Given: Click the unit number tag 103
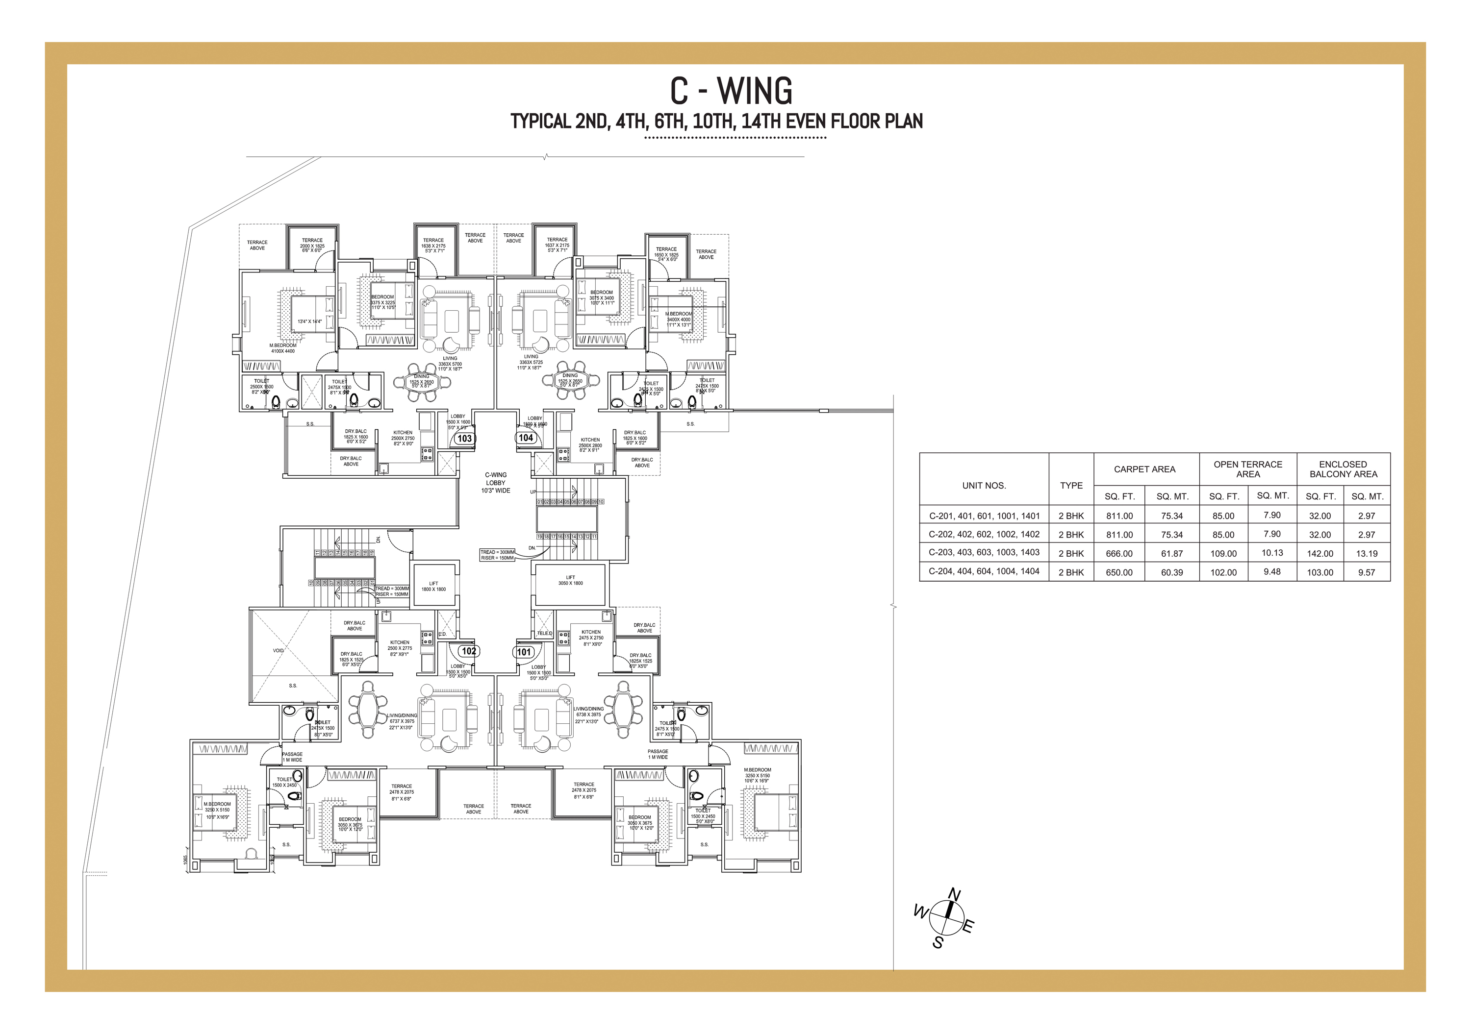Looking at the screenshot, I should pyautogui.click(x=464, y=439).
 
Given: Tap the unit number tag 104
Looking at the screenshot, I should pyautogui.click(x=526, y=438).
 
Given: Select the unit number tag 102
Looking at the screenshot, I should pyautogui.click(x=469, y=651).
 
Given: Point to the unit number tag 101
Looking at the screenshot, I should pyautogui.click(x=524, y=652).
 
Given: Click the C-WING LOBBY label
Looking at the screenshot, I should pyautogui.click(x=496, y=483).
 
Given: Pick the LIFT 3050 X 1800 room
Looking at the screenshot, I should pyautogui.click(x=570, y=581).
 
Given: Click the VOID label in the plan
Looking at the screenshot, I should pyautogui.click(x=278, y=650).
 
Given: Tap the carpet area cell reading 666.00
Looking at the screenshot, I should pyautogui.click(x=1119, y=554).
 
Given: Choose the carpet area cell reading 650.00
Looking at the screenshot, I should pyautogui.click(x=1119, y=572).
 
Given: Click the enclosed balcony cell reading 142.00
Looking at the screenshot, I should pyautogui.click(x=1320, y=554).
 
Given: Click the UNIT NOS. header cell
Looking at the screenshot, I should pyautogui.click(x=984, y=485).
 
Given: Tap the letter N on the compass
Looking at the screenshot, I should pyautogui.click(x=955, y=894).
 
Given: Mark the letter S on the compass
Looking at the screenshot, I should pyautogui.click(x=938, y=943).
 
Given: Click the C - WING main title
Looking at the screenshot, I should pyautogui.click(x=731, y=91).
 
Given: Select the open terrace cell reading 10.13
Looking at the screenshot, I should pyautogui.click(x=1272, y=553).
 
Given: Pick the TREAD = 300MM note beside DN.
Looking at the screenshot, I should pyautogui.click(x=498, y=552).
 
